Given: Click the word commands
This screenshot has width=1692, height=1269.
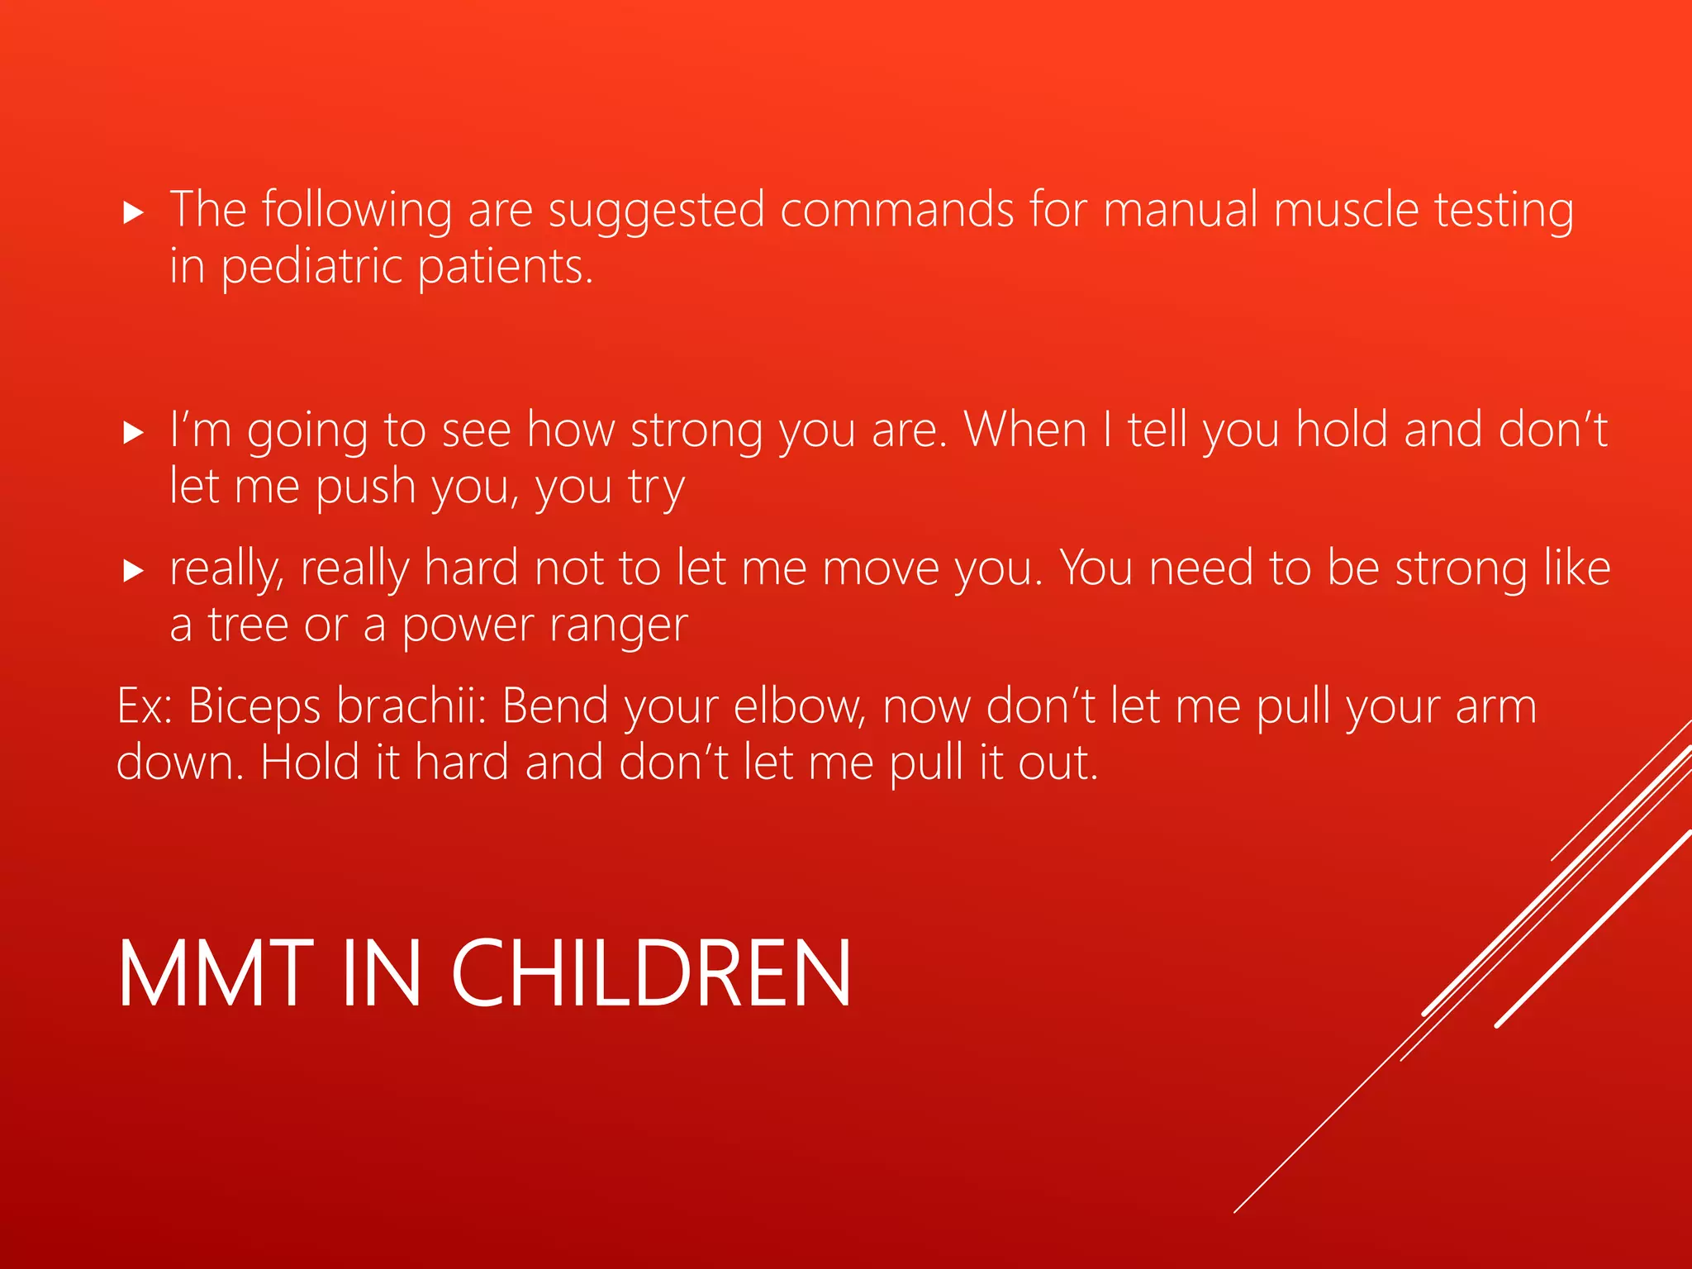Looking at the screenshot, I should [x=896, y=210].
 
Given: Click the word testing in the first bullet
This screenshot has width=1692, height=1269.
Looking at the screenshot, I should [x=1504, y=211].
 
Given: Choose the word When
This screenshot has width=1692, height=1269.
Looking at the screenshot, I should [x=1025, y=430].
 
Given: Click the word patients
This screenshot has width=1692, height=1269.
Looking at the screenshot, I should [x=505, y=268].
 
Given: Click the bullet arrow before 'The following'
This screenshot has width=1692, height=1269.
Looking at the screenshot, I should [x=133, y=213].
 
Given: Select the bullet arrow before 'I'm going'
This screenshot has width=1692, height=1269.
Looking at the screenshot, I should [x=133, y=432].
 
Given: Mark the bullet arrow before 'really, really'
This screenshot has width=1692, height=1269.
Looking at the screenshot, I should [x=133, y=570].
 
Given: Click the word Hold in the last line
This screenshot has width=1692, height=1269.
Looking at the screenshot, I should [x=310, y=762].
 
